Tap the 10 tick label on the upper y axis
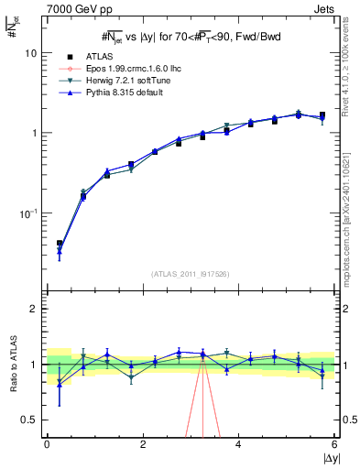(x=30, y=53)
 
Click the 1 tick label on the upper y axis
(x=33, y=133)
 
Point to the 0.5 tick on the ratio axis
(x=27, y=420)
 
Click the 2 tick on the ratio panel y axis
(x=33, y=309)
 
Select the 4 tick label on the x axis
(x=238, y=444)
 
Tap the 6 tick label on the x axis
(x=333, y=444)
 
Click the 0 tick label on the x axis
(x=47, y=444)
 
